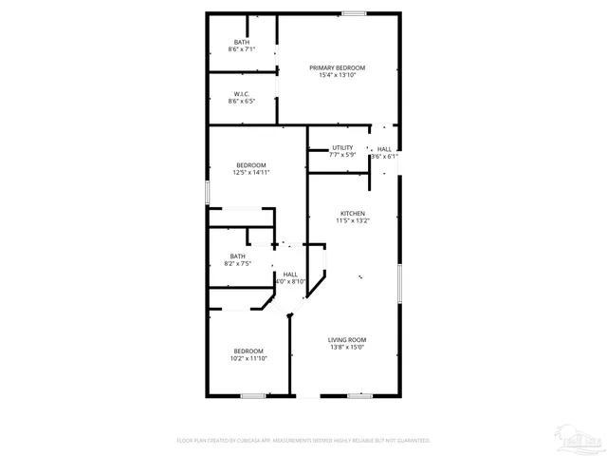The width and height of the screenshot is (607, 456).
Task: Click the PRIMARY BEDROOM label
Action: [337, 67]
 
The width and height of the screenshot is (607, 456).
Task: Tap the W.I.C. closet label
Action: [242, 93]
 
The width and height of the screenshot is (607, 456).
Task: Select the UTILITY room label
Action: [342, 147]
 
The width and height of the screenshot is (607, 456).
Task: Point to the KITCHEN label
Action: [353, 213]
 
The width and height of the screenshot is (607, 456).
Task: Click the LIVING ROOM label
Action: [347, 340]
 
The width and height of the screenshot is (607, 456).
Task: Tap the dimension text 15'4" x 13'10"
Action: [337, 76]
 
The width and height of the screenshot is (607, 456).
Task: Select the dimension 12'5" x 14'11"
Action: [251, 173]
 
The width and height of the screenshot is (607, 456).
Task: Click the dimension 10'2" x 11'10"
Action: [249, 359]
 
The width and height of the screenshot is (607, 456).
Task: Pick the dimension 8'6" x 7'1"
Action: [242, 49]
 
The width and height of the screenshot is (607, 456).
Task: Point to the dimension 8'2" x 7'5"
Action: [237, 263]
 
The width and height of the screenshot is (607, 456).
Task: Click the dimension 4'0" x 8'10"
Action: [290, 282]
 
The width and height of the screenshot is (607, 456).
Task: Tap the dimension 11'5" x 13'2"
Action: [353, 221]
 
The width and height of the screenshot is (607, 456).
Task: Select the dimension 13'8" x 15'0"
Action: [347, 348]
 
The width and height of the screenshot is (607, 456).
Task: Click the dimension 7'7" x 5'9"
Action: [342, 155]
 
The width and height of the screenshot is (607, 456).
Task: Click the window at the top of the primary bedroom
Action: [355, 13]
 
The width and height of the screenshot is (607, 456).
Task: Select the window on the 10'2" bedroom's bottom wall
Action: [251, 395]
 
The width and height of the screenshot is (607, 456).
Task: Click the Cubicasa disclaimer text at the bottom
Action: [303, 441]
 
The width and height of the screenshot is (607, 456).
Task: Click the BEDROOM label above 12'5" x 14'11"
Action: [251, 165]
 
